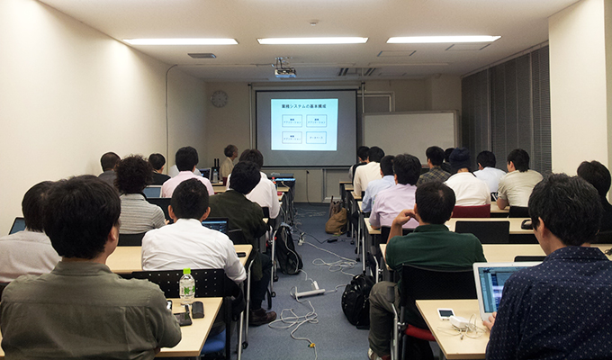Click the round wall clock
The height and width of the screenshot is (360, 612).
click(219, 99)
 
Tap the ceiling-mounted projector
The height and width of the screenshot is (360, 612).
click(284, 72)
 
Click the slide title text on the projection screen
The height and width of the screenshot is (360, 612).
click(304, 104)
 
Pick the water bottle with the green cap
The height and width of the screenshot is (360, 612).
click(186, 288)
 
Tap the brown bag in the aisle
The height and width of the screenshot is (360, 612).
click(337, 219)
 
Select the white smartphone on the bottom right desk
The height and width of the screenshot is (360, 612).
click(445, 313)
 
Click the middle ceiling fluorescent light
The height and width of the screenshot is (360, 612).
click(312, 40)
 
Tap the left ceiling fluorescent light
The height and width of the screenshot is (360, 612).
click(180, 41)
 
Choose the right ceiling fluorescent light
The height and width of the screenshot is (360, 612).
click(443, 40)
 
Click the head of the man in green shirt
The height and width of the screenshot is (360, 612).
click(435, 202)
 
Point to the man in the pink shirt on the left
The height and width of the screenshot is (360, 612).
click(186, 169)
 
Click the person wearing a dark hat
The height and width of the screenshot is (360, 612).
click(460, 160)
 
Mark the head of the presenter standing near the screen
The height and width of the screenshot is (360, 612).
click(231, 152)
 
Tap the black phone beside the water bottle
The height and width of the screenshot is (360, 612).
click(197, 309)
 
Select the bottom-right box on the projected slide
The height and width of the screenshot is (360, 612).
click(316, 137)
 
